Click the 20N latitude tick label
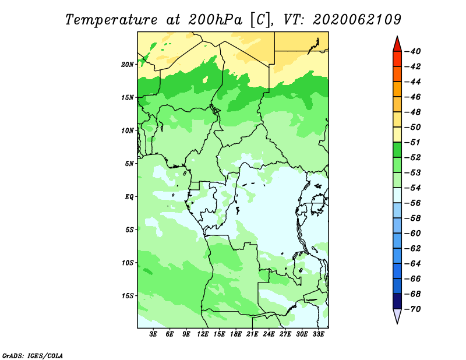128,65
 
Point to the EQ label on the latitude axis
129,197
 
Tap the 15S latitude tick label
128,296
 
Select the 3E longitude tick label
153,334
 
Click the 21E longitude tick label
252,334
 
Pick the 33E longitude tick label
318,334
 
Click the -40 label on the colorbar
413,51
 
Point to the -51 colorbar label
413,142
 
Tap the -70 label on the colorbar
413,309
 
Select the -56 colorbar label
413,203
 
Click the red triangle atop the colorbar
397,45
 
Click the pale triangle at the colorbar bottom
397,316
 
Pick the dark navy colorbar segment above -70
397,301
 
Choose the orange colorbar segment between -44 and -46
397,89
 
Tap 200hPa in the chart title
216,20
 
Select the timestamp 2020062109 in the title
356,20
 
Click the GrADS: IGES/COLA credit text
33,356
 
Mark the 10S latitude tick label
128,263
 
